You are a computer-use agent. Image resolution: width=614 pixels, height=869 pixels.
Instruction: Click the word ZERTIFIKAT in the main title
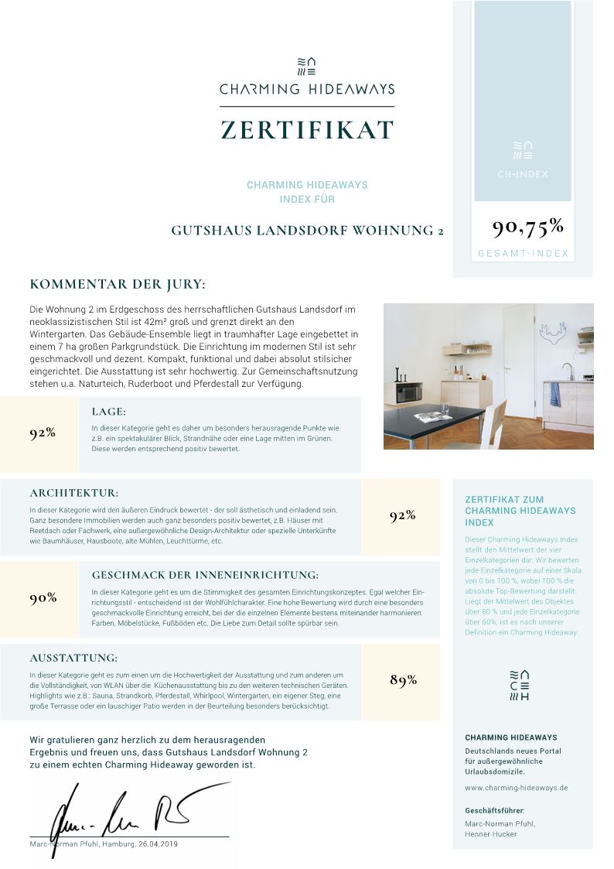307,130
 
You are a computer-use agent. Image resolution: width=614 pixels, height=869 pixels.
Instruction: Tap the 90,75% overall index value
527,227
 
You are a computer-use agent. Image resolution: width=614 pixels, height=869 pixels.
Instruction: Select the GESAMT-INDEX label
523,254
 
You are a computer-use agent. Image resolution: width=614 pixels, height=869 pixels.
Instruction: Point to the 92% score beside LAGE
43,433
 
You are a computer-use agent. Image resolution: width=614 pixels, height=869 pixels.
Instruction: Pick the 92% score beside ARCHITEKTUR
403,516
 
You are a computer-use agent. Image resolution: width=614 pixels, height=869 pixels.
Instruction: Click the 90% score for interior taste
43,598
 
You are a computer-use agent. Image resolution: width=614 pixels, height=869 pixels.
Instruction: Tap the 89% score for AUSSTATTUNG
403,681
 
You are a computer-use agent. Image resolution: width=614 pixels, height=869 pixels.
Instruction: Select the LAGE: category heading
108,412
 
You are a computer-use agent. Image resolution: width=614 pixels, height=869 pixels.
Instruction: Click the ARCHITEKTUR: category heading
74,493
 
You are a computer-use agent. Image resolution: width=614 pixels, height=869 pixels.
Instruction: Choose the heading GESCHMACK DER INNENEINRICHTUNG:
205,575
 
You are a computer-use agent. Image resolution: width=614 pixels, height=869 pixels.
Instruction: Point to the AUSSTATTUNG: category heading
73,659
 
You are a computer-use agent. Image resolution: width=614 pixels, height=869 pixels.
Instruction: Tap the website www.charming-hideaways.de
516,788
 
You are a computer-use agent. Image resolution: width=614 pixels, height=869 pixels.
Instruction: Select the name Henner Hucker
490,834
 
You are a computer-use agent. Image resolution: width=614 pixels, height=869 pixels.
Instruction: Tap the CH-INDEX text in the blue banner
523,174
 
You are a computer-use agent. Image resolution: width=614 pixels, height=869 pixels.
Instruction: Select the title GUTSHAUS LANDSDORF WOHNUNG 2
307,231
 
